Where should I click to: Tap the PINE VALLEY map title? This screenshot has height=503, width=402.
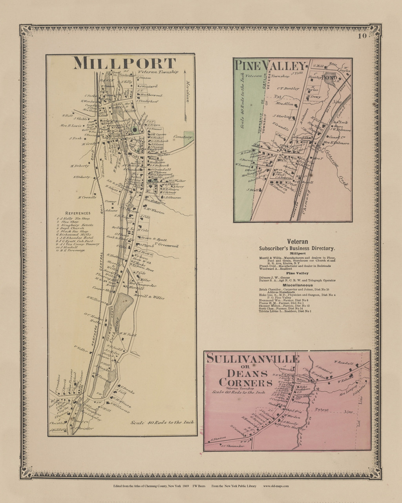(x=270, y=66)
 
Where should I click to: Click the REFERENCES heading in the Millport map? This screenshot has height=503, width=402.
(x=79, y=213)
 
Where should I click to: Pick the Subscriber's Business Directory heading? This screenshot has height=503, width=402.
(x=297, y=248)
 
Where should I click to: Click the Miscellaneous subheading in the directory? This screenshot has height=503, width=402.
(x=297, y=285)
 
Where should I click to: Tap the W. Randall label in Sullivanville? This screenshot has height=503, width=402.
(x=341, y=363)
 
